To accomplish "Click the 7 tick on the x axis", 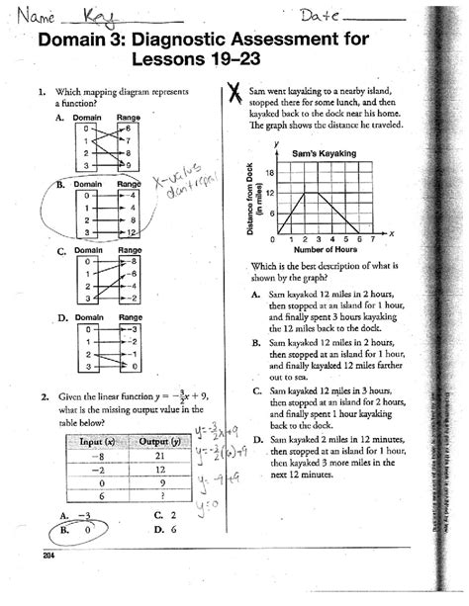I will pyautogui.click(x=372, y=240).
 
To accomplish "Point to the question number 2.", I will pyautogui.click(x=46, y=397).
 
